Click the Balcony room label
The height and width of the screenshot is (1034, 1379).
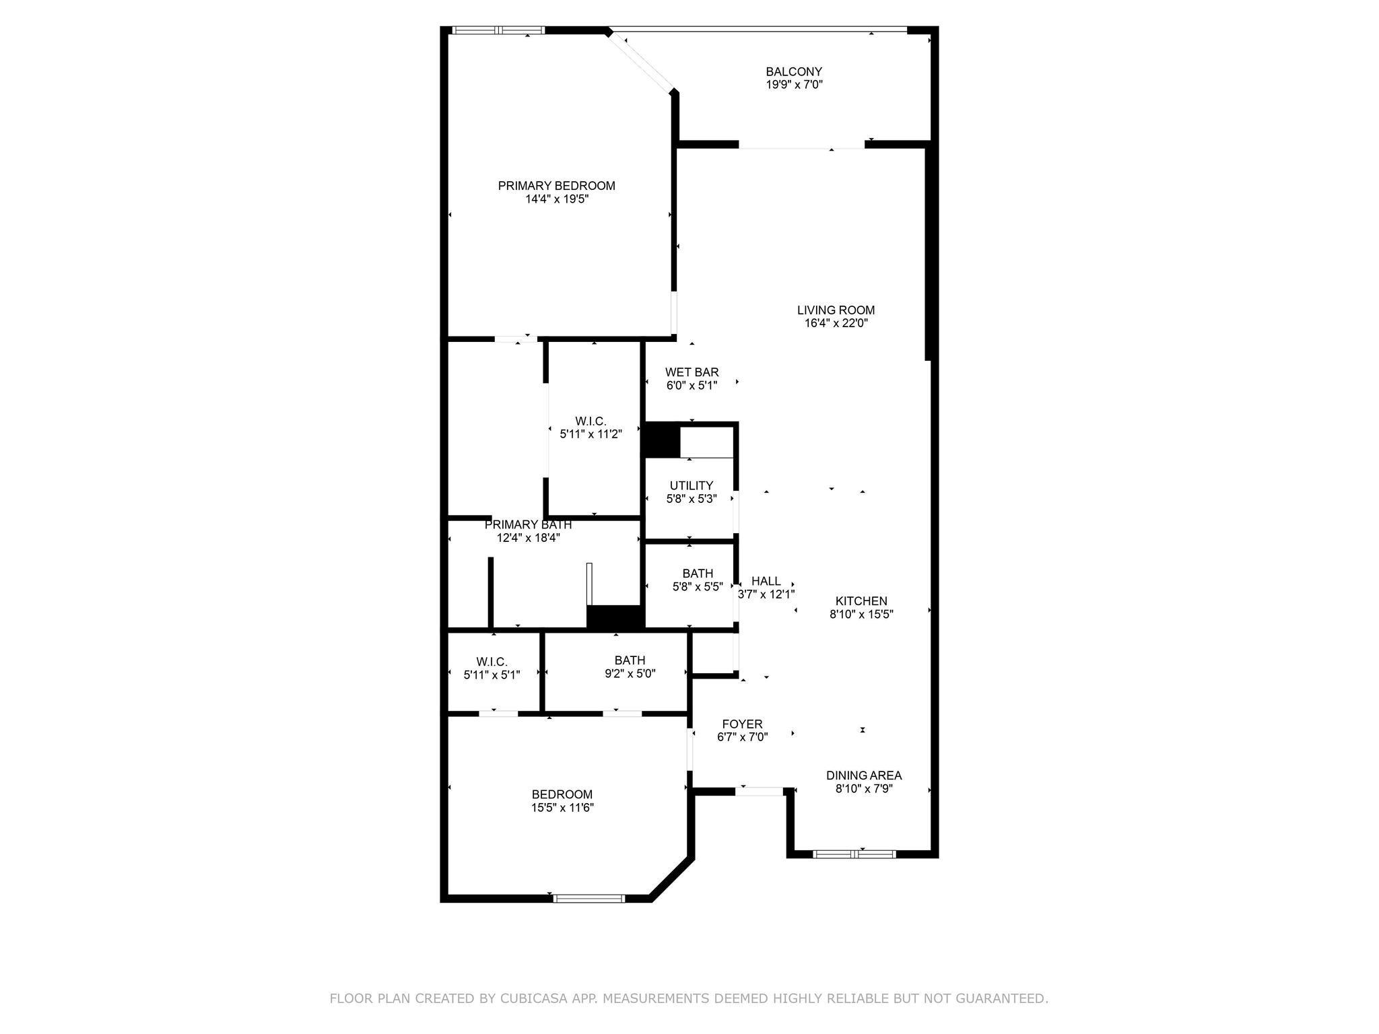point(794,71)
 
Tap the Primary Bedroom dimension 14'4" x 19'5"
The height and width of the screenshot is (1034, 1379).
point(557,199)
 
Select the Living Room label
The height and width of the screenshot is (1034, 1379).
point(836,310)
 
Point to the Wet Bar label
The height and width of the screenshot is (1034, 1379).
point(692,372)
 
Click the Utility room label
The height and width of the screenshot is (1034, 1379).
point(691,486)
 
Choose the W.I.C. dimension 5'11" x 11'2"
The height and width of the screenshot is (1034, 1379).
point(591,435)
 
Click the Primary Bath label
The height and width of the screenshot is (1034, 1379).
point(528,524)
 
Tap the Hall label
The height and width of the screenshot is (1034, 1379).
point(766,581)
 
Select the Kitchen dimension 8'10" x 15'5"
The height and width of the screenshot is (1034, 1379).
point(861,614)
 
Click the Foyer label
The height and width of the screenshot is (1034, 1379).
point(742,724)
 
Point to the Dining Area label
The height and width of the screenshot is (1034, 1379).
point(864,775)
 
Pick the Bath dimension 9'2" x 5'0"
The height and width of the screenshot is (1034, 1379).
point(630,673)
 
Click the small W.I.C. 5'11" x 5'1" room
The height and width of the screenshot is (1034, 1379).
point(492,668)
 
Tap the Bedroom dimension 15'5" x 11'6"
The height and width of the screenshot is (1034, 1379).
point(562,808)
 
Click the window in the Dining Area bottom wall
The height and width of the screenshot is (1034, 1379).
point(854,854)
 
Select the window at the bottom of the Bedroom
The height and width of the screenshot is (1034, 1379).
point(589,898)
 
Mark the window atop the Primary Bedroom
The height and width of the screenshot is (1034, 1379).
point(498,30)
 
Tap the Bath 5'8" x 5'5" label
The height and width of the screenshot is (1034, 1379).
point(698,574)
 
